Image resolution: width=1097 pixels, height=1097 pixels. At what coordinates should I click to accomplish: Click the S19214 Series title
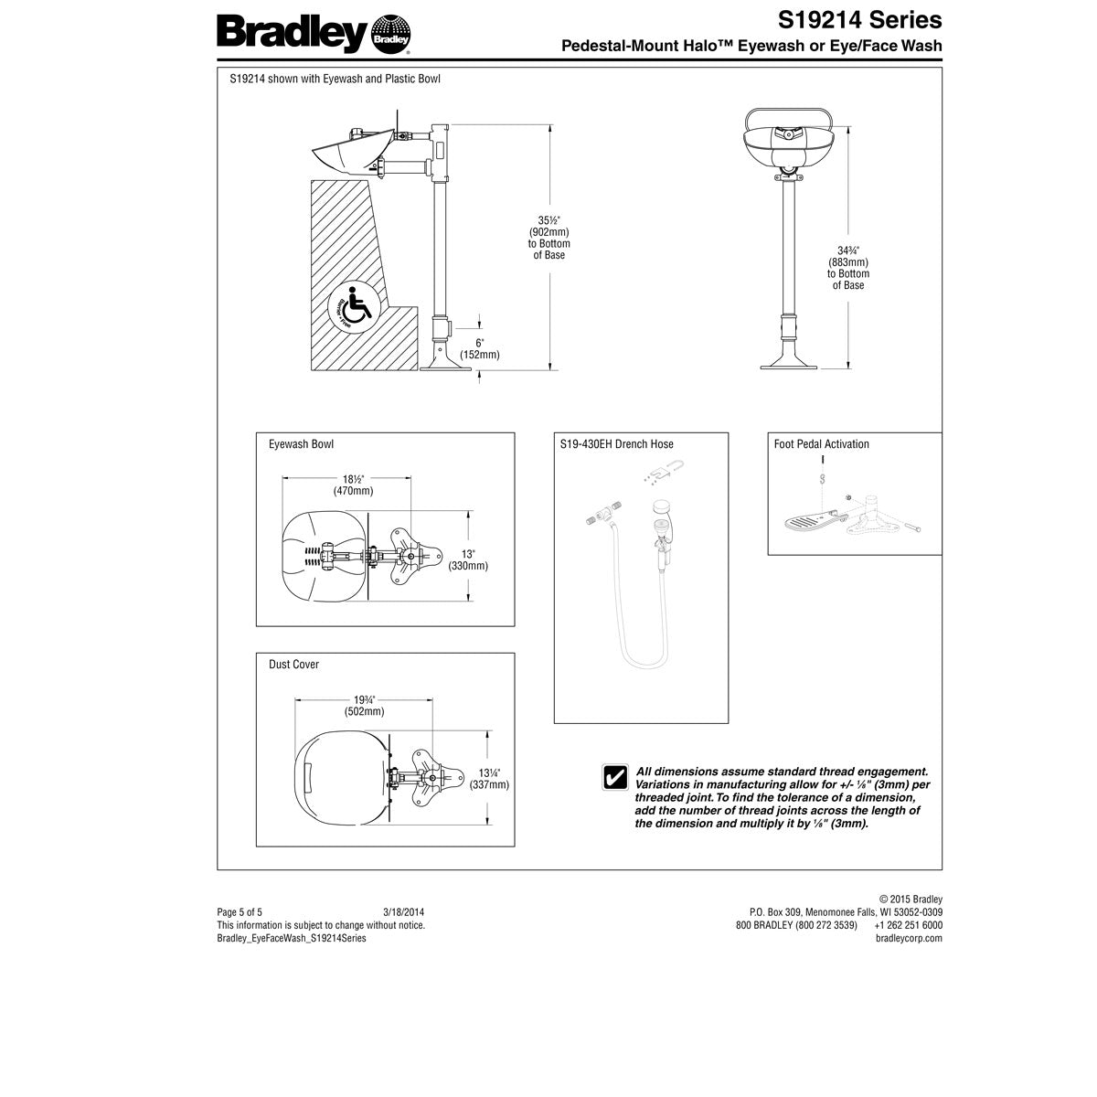860,20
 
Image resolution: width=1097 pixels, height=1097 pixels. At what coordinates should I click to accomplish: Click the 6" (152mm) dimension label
479,347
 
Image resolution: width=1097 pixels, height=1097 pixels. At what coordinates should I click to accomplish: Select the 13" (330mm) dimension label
467,559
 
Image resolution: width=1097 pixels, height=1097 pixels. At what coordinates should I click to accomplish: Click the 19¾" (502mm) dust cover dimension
363,705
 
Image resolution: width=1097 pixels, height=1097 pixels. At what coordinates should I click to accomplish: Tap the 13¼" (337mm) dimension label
488,777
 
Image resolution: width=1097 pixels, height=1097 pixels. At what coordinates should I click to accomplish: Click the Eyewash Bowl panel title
301,444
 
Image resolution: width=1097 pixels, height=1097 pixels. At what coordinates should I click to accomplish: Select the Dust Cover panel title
293,665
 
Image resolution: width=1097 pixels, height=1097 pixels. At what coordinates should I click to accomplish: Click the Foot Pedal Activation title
821,444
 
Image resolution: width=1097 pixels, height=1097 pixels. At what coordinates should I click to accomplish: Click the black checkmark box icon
614,776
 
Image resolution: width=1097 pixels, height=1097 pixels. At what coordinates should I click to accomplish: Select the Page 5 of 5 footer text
240,911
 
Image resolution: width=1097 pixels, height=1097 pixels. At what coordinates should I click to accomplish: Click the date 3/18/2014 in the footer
403,911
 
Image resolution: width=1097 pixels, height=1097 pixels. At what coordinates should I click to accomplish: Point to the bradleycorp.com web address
909,938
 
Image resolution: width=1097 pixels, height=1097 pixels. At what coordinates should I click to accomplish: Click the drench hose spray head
662,508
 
